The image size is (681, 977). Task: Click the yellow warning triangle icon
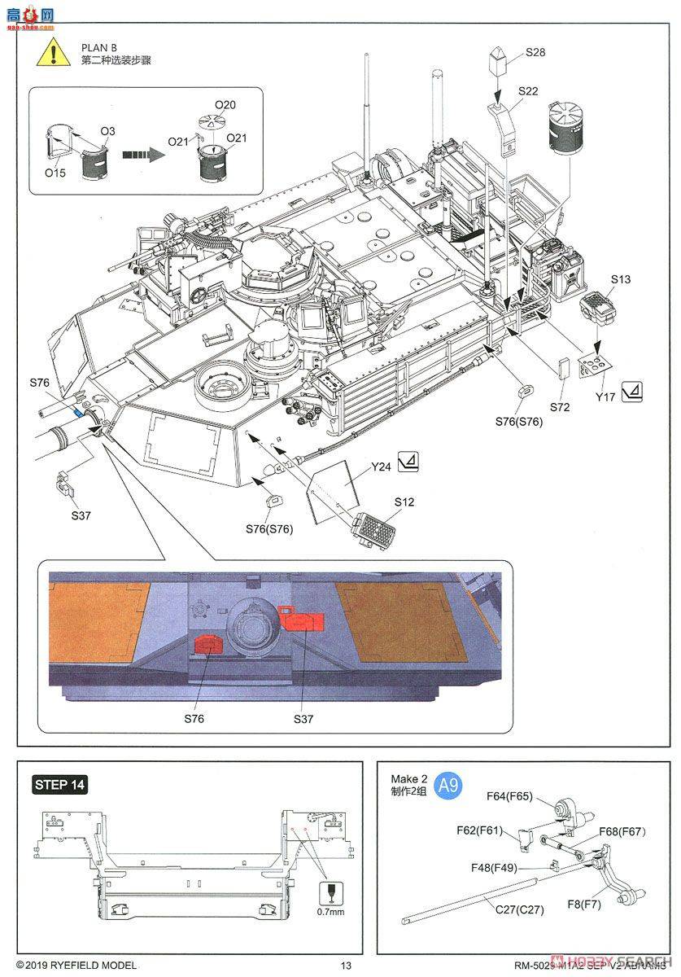(51, 54)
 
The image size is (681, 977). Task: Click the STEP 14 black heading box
(59, 785)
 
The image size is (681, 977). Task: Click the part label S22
(527, 91)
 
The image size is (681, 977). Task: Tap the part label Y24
(382, 467)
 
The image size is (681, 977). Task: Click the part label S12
(404, 502)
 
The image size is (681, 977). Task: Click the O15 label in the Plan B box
(55, 173)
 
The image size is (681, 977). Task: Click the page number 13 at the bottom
(346, 966)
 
